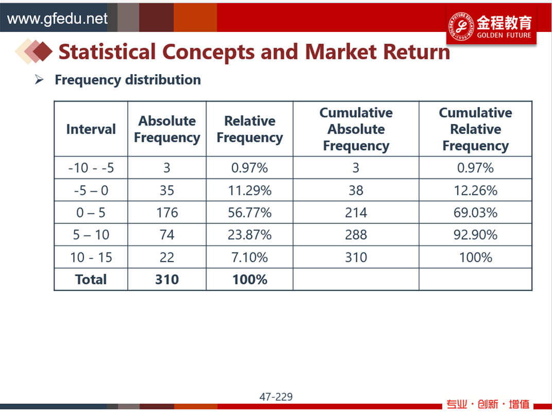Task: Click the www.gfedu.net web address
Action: coord(57,19)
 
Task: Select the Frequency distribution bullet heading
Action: coord(128,80)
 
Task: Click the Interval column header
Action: coord(91,129)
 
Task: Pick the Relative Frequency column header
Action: coord(250,129)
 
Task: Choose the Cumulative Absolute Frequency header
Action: coord(356,129)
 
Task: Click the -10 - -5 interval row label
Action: coord(91,168)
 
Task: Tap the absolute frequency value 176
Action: coord(167,212)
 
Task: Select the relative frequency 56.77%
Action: coord(250,212)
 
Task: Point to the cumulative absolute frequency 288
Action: coord(356,234)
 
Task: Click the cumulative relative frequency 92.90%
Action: coord(475,234)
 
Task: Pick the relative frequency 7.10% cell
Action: coord(250,258)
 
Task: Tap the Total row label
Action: coord(91,280)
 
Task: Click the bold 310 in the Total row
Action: coord(167,280)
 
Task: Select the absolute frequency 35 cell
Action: coord(167,190)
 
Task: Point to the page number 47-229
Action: coord(276,396)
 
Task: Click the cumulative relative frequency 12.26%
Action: coord(475,190)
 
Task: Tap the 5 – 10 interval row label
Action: coord(91,234)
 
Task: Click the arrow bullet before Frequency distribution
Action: coord(39,80)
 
